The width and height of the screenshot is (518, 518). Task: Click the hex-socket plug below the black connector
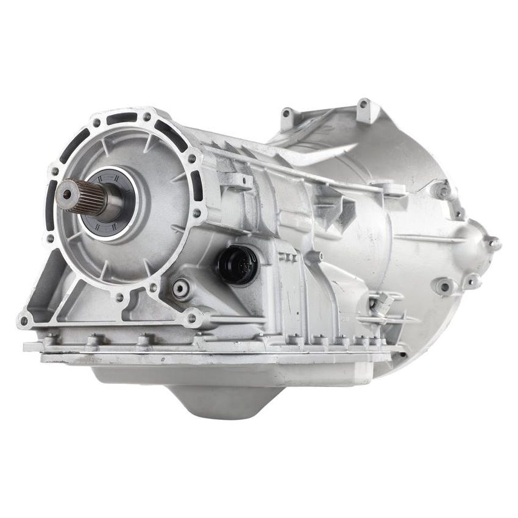pyautogui.click(x=181, y=289)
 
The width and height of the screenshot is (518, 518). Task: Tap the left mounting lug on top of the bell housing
pyautogui.click(x=289, y=113)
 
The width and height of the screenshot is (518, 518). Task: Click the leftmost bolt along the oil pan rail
pyautogui.click(x=51, y=337)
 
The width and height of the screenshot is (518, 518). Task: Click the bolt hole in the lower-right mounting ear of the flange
pyautogui.click(x=193, y=317)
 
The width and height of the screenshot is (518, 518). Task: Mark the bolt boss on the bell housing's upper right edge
pyautogui.click(x=441, y=190)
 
